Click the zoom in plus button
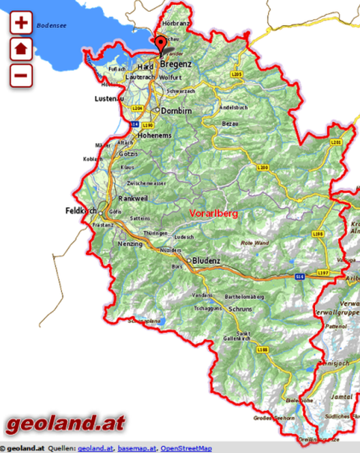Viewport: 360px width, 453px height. click(x=21, y=23)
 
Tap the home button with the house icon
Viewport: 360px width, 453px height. click(x=21, y=49)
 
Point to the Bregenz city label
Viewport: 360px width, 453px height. click(x=176, y=63)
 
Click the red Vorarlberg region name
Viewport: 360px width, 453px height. click(x=214, y=214)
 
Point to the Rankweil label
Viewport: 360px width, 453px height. click(x=134, y=198)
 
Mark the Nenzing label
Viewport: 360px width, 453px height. click(x=131, y=243)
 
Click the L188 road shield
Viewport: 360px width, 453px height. click(x=263, y=349)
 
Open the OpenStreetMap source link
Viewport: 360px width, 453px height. click(x=186, y=448)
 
